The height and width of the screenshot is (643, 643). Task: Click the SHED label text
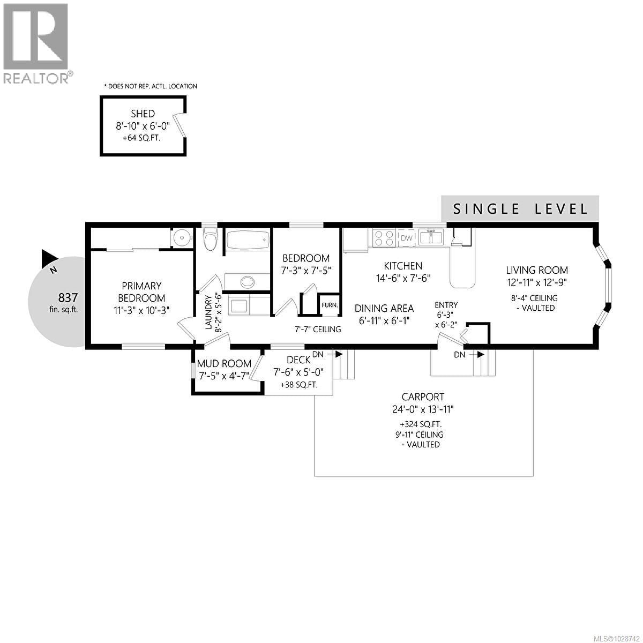[143, 114]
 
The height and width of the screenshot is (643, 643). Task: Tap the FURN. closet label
[330, 305]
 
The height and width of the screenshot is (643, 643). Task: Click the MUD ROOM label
[225, 364]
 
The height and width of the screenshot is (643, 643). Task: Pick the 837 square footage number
[68, 297]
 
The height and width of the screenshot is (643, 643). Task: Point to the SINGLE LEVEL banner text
[520, 208]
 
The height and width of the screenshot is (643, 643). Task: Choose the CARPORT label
[423, 397]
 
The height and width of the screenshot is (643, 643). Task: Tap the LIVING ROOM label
[537, 271]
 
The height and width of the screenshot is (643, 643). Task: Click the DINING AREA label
[384, 309]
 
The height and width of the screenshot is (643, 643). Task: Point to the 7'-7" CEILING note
[318, 329]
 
